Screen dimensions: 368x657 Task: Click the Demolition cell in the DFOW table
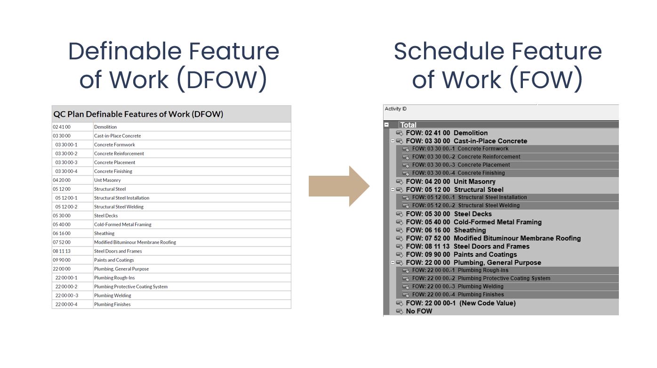pyautogui.click(x=105, y=127)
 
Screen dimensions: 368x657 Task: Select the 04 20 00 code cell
pyautogui.click(x=62, y=180)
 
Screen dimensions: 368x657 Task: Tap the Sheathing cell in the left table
pyautogui.click(x=104, y=233)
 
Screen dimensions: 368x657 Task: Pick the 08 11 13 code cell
pyautogui.click(x=62, y=251)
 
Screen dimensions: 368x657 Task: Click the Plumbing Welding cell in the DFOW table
pyautogui.click(x=112, y=295)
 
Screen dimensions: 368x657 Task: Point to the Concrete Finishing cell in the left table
pyautogui.click(x=113, y=171)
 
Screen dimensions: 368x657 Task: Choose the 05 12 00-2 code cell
pyautogui.click(x=66, y=207)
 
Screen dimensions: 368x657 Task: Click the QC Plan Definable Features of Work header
pyautogui.click(x=138, y=114)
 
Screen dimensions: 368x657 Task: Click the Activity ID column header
pyautogui.click(x=396, y=109)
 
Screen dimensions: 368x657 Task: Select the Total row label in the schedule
pyautogui.click(x=408, y=125)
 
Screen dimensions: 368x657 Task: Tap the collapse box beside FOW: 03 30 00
pyautogui.click(x=393, y=141)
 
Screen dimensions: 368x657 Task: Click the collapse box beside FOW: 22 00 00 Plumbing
pyautogui.click(x=393, y=262)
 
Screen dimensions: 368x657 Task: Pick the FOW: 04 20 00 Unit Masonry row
pyautogui.click(x=450, y=181)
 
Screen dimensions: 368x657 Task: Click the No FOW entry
pyautogui.click(x=419, y=311)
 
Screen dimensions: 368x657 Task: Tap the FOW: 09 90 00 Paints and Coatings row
pyautogui.click(x=461, y=254)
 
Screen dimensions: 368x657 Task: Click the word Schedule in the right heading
pyautogui.click(x=449, y=51)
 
